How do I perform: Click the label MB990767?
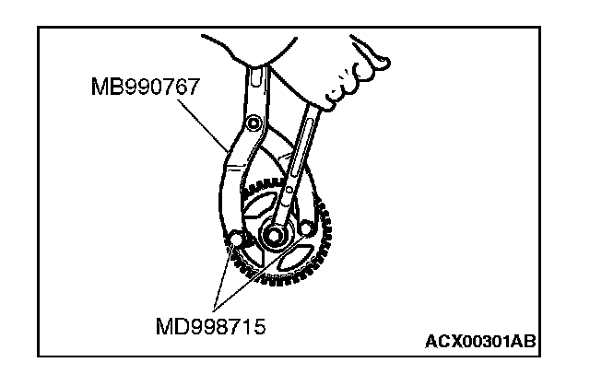click(x=146, y=87)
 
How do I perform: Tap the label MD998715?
click(x=211, y=326)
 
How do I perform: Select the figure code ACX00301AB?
click(x=480, y=342)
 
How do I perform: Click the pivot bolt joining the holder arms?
click(x=254, y=123)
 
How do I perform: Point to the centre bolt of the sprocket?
click(x=274, y=236)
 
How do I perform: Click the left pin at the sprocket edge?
click(x=236, y=239)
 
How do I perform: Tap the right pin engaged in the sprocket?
click(x=306, y=228)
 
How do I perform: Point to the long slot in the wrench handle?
click(x=302, y=147)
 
